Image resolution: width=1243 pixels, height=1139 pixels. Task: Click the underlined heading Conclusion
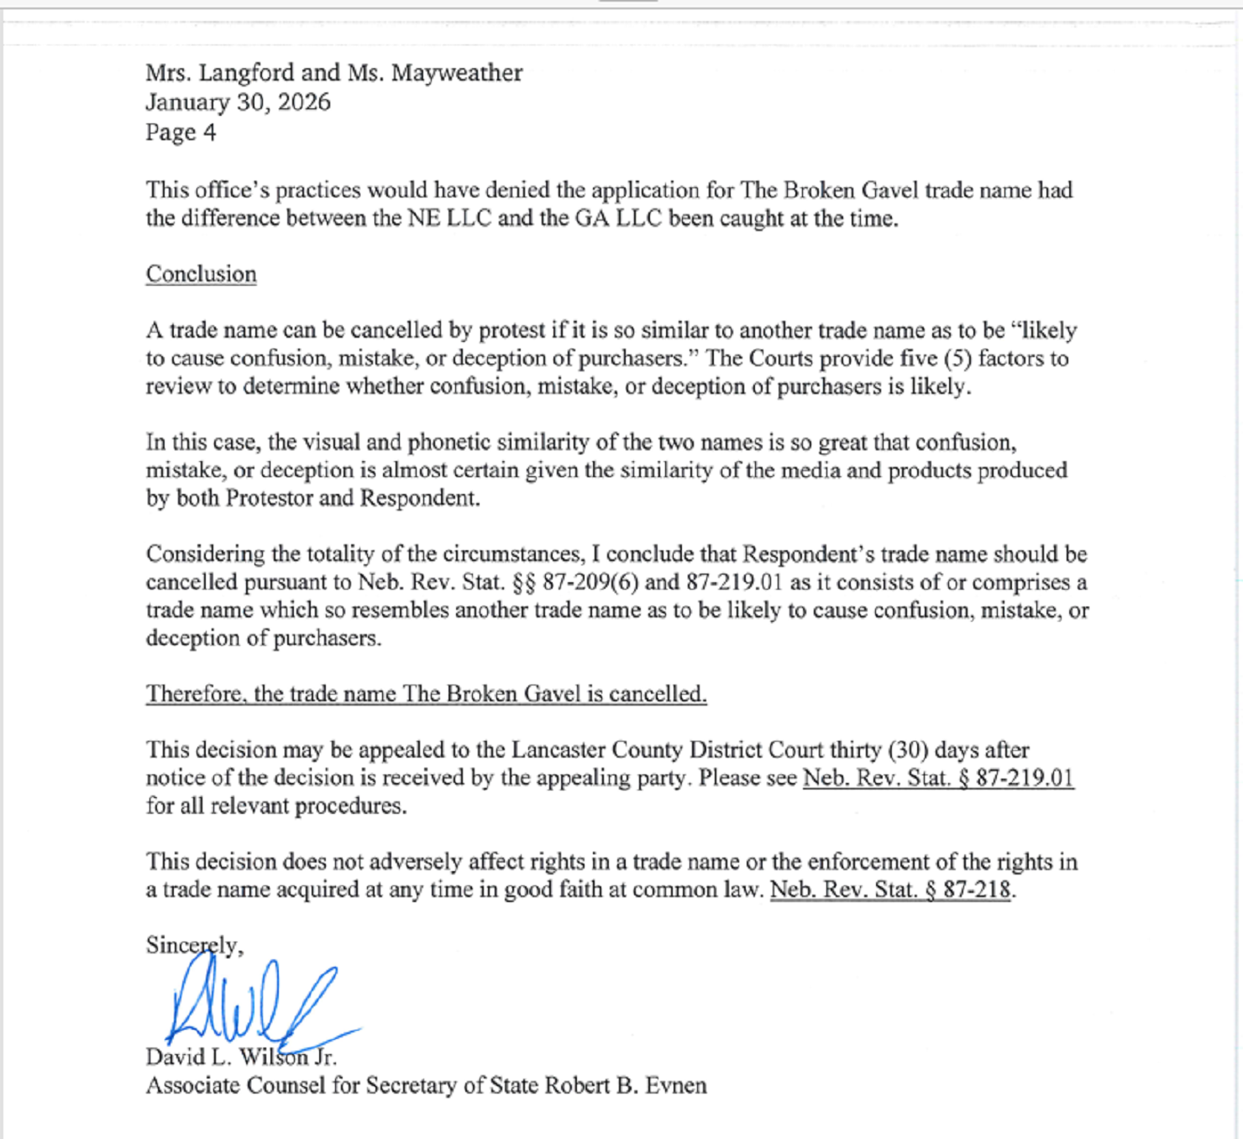201,275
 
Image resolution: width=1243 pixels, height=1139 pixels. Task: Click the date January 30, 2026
238,102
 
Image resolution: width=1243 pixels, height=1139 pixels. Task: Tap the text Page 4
181,133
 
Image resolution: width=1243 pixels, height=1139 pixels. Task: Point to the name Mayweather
457,73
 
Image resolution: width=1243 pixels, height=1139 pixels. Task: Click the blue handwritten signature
252,1004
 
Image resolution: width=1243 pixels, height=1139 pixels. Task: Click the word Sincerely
194,946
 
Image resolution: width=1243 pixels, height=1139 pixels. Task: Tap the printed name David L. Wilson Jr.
241,1058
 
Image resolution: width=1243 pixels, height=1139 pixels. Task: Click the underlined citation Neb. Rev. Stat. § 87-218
890,890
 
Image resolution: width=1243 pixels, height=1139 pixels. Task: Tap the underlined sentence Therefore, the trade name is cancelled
426,695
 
